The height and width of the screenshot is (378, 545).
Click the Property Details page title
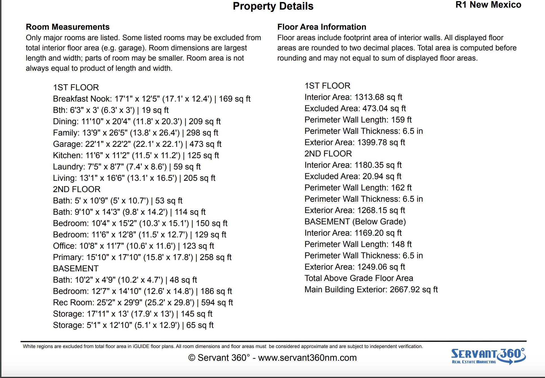[273, 6]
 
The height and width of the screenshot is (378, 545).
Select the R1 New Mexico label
[488, 5]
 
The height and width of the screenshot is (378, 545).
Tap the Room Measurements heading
[67, 27]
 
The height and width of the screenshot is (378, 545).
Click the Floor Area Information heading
[322, 27]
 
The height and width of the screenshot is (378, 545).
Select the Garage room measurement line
[137, 144]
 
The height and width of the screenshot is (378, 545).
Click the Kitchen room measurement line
[136, 155]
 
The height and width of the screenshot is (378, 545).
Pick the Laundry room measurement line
[127, 167]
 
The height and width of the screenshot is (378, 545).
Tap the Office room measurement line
[133, 246]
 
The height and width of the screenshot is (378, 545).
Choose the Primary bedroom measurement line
[142, 257]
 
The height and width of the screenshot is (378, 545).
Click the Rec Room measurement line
[143, 302]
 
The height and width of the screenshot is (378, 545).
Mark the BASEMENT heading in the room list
[76, 269]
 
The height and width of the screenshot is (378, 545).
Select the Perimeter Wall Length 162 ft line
[358, 188]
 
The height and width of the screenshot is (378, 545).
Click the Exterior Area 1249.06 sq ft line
[355, 267]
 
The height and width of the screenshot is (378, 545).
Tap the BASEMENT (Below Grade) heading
[355, 222]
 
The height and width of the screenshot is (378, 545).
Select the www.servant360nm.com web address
[307, 358]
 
